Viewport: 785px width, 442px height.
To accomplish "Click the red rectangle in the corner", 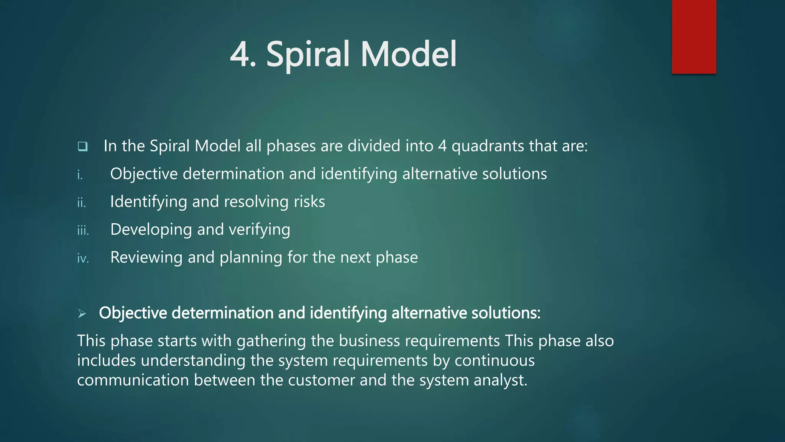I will (694, 36).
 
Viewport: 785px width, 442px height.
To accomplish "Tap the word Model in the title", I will (408, 54).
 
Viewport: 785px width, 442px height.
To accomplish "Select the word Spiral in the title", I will (308, 54).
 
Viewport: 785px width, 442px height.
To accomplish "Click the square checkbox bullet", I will (82, 146).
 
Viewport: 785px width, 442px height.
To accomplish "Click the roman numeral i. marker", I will (80, 175).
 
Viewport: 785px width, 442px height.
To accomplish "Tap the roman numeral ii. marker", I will (81, 203).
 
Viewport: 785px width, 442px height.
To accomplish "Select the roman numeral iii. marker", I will (83, 231).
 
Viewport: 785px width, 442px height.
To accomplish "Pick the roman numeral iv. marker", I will (83, 259).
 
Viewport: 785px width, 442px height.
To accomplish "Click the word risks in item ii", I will (309, 202).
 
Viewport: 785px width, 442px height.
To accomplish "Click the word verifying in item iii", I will (259, 230).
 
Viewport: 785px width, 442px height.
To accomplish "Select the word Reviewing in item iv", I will (146, 257).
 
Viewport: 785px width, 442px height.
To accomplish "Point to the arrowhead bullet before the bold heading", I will (82, 314).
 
